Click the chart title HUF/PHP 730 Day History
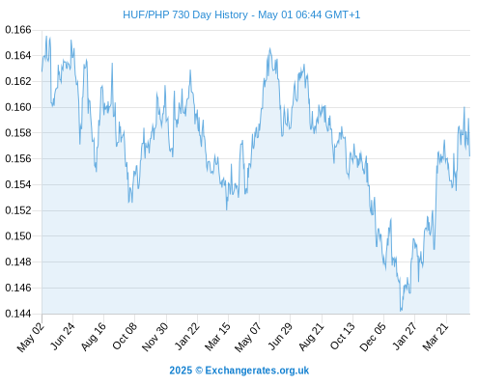coord(185,14)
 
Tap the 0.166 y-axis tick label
coord(18,30)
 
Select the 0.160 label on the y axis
coord(18,107)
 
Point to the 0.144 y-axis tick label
coord(18,314)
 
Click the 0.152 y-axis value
coord(18,210)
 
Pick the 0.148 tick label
coord(18,262)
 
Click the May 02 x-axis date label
coord(31,337)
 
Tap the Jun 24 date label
coord(64,336)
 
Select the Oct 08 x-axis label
coord(125,336)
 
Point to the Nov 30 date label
coord(155,337)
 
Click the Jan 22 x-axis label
coord(187,336)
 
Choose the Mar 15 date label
coord(217,336)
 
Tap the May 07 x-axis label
coord(248,337)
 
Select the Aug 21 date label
coord(312,336)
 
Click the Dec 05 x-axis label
coord(373,337)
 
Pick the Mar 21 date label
coord(436,336)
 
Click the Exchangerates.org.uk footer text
coord(257,371)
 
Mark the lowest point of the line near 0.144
coord(401,311)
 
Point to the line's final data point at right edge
coord(469,156)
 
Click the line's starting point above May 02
coord(42,71)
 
